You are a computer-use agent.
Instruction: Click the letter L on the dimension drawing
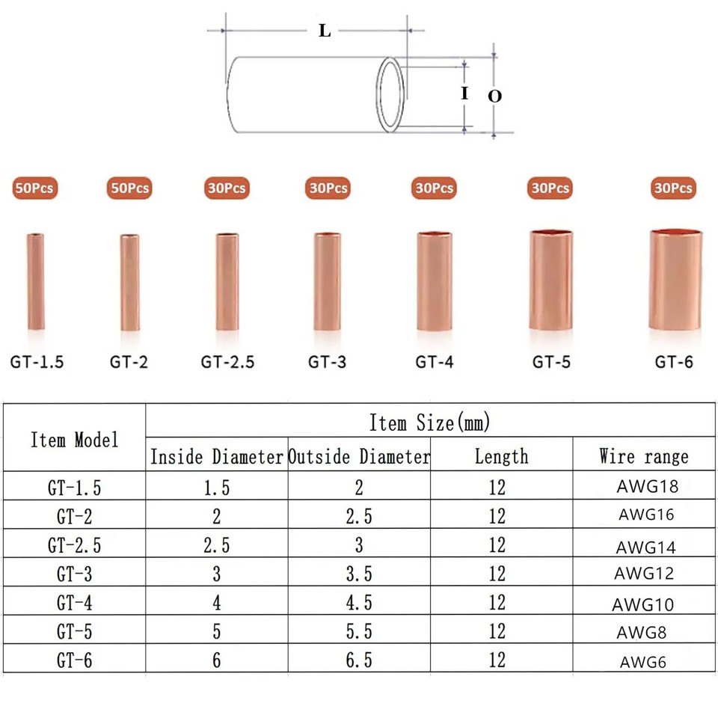[324, 31]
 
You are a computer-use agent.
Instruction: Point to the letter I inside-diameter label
[464, 93]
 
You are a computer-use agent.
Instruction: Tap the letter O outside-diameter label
[494, 96]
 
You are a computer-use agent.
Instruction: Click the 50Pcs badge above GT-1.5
[35, 188]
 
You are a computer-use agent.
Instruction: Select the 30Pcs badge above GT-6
[673, 188]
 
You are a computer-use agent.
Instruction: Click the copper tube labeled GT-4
[435, 281]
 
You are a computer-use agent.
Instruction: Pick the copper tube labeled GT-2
[129, 282]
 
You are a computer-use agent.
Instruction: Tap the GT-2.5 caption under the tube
[227, 362]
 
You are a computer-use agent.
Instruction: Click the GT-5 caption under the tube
[551, 362]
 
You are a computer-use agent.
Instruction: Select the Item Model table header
[75, 440]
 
